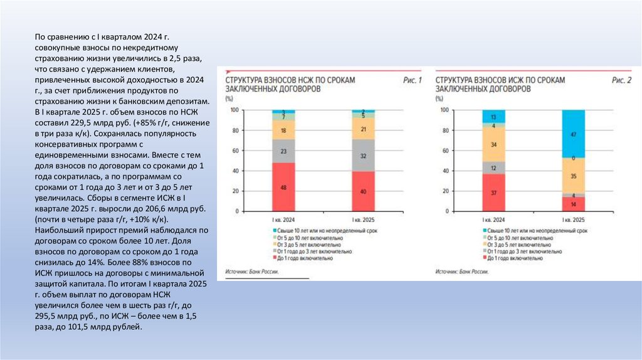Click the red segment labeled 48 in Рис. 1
coord(283,187)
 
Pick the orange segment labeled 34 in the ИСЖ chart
coord(493,145)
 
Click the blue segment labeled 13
coord(493,117)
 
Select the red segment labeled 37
coord(493,193)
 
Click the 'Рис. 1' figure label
coord(411,80)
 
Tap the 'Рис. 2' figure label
coord(621,80)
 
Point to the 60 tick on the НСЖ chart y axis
coord(235,151)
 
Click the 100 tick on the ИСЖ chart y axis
coord(445,110)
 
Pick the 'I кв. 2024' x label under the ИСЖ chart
coord(493,220)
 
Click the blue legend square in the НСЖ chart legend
coord(275,231)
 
